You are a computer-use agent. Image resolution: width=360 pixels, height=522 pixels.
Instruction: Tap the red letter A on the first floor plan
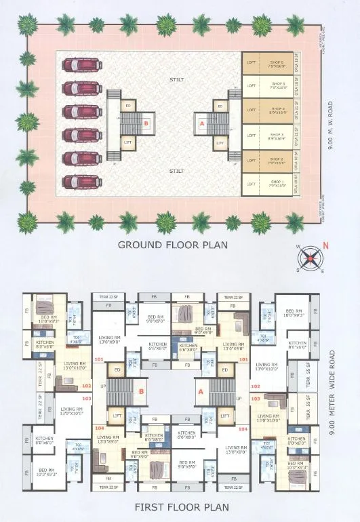pyautogui.click(x=201, y=391)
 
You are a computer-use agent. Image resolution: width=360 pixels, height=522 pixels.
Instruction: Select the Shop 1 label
pyautogui.click(x=277, y=182)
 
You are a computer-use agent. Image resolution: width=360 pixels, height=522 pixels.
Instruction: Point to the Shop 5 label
pyautogui.click(x=277, y=81)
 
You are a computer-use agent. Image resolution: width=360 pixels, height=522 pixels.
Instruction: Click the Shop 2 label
pyautogui.click(x=277, y=162)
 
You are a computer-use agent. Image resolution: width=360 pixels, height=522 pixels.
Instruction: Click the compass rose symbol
pyautogui.click(x=311, y=256)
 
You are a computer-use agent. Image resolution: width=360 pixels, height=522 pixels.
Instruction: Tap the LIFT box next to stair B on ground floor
pyautogui.click(x=127, y=142)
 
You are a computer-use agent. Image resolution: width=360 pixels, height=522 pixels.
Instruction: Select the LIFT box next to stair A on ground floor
pyautogui.click(x=219, y=143)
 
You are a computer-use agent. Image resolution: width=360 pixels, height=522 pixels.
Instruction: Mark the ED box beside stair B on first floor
pyautogui.click(x=117, y=370)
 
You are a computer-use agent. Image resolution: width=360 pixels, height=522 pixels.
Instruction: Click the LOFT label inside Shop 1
pyautogui.click(x=251, y=184)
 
